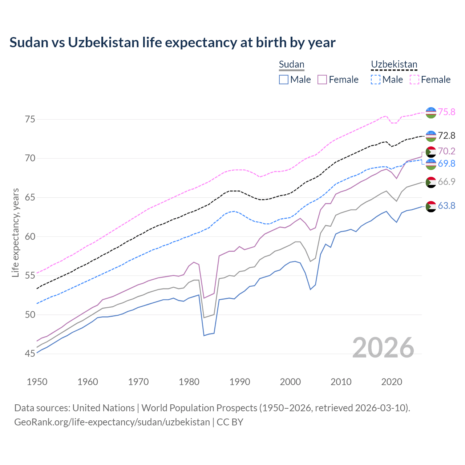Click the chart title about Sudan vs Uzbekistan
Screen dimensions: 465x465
(x=172, y=43)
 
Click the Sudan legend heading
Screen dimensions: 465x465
(x=291, y=64)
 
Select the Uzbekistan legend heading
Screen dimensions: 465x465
(x=394, y=64)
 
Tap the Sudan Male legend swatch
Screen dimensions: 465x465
(x=284, y=80)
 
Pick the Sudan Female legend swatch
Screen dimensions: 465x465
(x=322, y=80)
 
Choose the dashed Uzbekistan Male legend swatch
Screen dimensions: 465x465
(x=376, y=80)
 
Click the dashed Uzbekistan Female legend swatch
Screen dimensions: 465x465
(x=415, y=80)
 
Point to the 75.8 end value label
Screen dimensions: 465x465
(x=446, y=112)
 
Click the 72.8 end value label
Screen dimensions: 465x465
(x=446, y=136)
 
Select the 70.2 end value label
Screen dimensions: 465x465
(x=446, y=151)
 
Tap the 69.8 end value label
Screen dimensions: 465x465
(x=446, y=163)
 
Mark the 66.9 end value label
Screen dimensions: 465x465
(x=446, y=182)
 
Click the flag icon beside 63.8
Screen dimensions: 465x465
(x=431, y=206)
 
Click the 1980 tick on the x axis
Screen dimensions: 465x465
(x=189, y=382)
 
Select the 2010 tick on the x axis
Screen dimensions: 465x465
(x=341, y=382)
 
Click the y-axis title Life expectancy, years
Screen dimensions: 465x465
(x=15, y=232)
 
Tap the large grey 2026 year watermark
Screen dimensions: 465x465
(x=383, y=348)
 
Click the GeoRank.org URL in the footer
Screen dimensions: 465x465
(x=112, y=422)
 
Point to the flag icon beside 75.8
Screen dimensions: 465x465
(x=431, y=112)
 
